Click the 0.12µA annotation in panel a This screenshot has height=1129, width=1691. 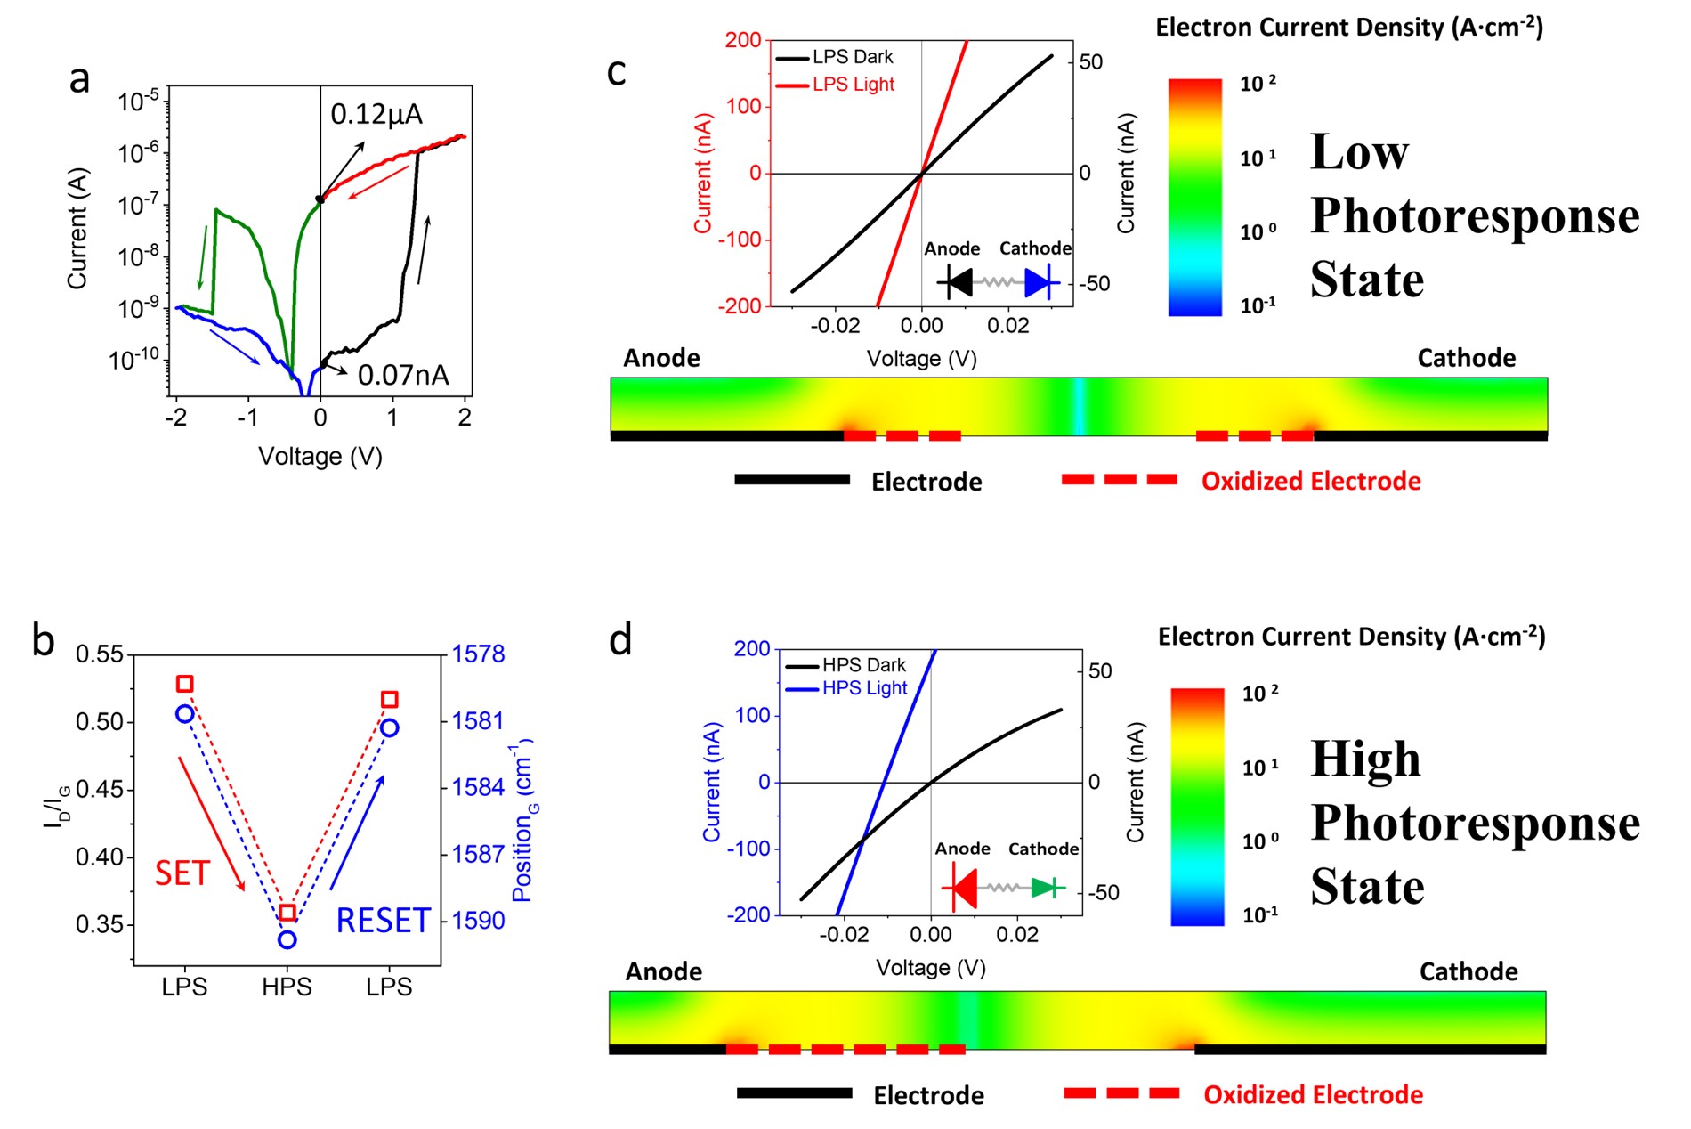(376, 114)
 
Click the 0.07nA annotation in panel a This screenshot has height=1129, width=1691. (403, 375)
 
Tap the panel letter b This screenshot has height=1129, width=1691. (43, 640)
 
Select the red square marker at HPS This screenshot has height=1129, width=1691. (287, 913)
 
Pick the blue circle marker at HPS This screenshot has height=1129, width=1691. (287, 939)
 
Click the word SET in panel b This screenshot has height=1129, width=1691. (182, 873)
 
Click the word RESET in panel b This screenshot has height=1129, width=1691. (383, 921)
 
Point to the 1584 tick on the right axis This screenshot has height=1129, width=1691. (478, 787)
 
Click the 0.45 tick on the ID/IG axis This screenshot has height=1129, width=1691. (100, 790)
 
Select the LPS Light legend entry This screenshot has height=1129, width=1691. (853, 85)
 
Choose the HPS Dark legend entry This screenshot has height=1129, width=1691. (863, 665)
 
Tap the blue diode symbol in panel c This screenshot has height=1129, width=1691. (1039, 283)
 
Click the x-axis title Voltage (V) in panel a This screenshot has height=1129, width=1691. (320, 457)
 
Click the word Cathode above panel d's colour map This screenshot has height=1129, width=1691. (1468, 971)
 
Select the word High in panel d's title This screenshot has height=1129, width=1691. (1365, 759)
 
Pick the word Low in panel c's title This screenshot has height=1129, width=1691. (1359, 151)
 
